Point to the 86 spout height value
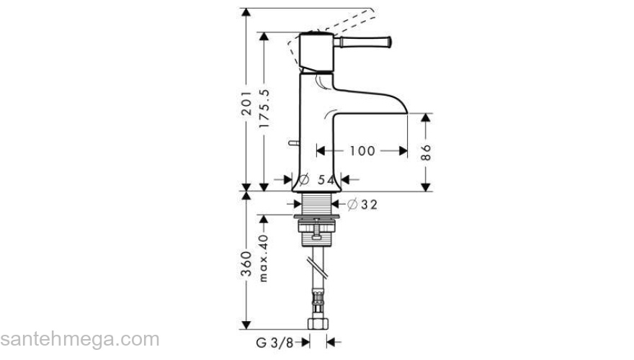pyautogui.click(x=426, y=151)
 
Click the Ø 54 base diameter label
pyautogui.click(x=318, y=179)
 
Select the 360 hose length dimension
pyautogui.click(x=246, y=265)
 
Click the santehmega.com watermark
pyautogui.click(x=79, y=338)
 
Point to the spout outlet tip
pyautogui.click(x=408, y=113)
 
